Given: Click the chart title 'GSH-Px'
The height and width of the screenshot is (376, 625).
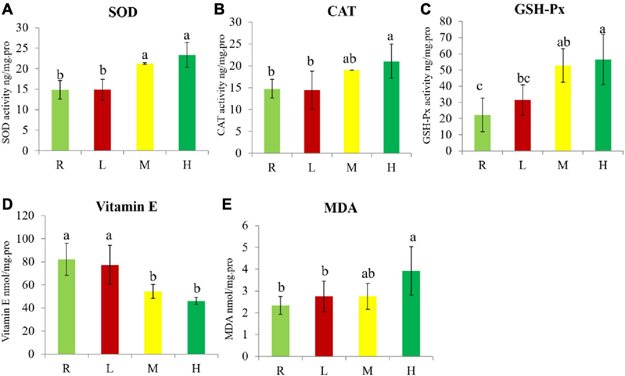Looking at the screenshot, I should tap(542, 9).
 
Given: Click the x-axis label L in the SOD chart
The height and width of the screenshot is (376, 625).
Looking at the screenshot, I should tap(102, 164).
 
